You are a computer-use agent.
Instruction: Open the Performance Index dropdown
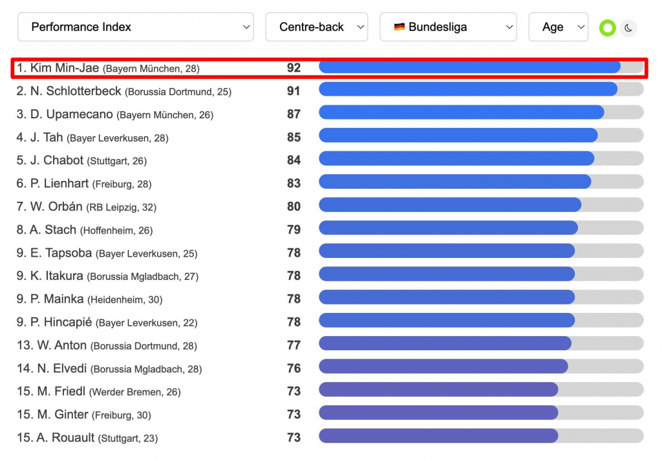[135, 27]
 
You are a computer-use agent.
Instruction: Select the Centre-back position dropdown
[316, 27]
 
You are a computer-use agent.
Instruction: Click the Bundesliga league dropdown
[447, 27]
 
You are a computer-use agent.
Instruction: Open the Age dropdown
[558, 27]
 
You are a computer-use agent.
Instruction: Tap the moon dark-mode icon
[628, 28]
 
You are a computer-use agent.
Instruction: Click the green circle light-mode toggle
[607, 28]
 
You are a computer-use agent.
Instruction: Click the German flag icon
[400, 27]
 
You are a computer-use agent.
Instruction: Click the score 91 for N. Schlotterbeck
[294, 91]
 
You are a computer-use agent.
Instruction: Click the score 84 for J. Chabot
[294, 160]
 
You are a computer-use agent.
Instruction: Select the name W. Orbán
[56, 207]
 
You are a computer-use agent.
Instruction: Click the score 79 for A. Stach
[294, 229]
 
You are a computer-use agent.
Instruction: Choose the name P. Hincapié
[61, 322]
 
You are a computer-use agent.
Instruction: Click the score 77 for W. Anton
[294, 345]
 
